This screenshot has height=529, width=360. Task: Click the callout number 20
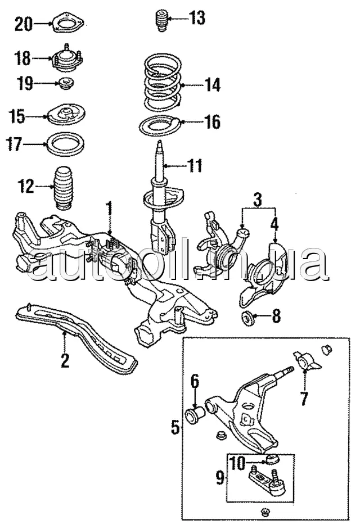[24, 24]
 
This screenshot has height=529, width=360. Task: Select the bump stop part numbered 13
[162, 21]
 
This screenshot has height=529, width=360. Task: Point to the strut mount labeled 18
[67, 58]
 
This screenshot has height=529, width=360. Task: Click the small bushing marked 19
[66, 84]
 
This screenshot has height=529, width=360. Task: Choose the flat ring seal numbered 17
[65, 144]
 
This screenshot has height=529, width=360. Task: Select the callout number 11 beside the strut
[194, 166]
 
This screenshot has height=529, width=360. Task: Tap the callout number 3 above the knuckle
[257, 200]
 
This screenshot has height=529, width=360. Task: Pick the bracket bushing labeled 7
[307, 363]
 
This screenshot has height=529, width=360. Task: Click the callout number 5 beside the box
[175, 427]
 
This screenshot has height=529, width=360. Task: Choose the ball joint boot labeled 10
[272, 459]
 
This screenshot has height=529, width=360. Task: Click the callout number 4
[274, 224]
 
